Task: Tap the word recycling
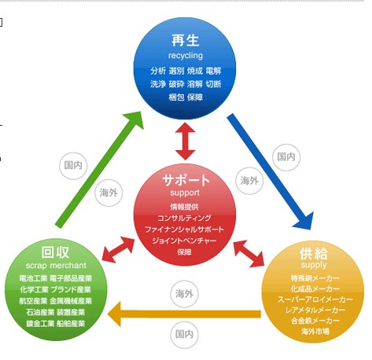pos(186,56)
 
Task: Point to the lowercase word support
pos(185,192)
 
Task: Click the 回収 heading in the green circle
pos(54,253)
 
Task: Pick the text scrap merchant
pos(55,266)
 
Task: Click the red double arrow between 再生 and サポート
pos(185,141)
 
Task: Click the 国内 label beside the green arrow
pos(72,164)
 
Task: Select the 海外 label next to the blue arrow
pos(249,180)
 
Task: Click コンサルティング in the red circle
pos(185,217)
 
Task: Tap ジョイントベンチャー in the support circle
pos(185,240)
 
